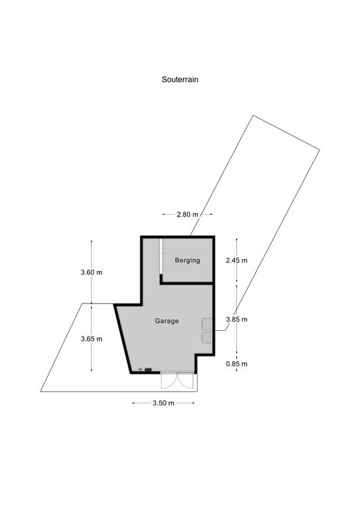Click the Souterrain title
point(180,80)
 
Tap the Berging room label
point(188,260)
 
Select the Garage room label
point(166,321)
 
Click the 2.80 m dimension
point(188,215)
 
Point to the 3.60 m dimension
point(91,272)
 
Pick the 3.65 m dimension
point(91,339)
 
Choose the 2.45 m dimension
point(237,260)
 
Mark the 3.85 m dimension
point(237,319)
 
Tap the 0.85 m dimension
point(237,364)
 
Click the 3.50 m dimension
point(163,403)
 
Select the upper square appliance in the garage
point(207,324)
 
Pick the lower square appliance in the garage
point(207,337)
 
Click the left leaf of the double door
point(170,380)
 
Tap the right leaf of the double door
point(186,380)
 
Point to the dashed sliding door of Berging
point(160,256)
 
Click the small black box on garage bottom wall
point(149,369)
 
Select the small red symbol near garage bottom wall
point(141,369)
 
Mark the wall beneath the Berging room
point(186,284)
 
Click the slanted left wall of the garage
point(123,339)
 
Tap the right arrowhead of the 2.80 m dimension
point(211,214)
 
